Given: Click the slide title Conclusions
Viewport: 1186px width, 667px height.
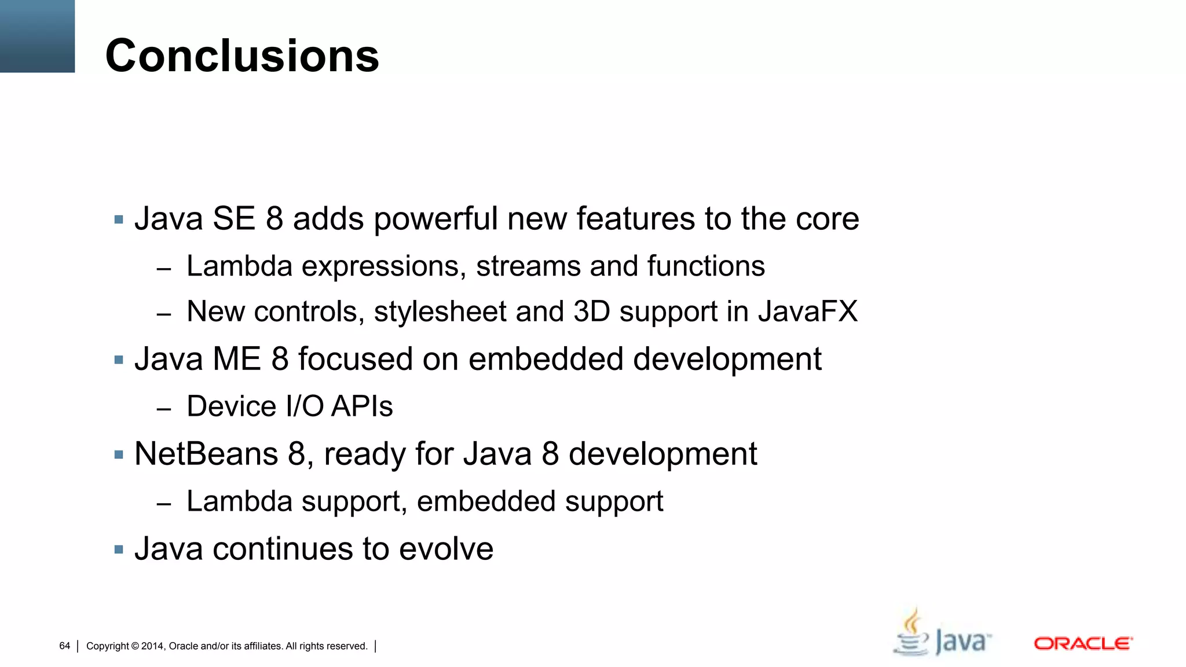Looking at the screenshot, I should (242, 56).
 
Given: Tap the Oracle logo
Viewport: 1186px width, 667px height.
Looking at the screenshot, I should (1083, 643).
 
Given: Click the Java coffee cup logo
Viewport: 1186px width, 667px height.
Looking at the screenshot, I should (942, 633).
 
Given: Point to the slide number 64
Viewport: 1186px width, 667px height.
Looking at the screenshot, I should (64, 646).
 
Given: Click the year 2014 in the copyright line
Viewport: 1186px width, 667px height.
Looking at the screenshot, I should (153, 646).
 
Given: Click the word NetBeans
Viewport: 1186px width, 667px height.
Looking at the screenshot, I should (206, 453).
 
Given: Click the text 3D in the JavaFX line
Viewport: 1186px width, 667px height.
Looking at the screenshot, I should (592, 311).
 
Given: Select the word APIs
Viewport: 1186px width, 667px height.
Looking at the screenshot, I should (362, 406).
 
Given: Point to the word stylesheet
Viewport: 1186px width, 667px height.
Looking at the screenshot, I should (440, 311).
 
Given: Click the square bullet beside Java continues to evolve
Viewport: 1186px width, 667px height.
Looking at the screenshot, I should (119, 549).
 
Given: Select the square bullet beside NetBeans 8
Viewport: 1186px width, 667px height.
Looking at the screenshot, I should (119, 455).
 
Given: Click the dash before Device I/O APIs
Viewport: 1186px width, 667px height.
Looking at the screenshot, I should (164, 409).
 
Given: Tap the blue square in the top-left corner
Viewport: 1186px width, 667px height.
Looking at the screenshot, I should (37, 36).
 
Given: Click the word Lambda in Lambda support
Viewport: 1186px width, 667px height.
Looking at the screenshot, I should (239, 501).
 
